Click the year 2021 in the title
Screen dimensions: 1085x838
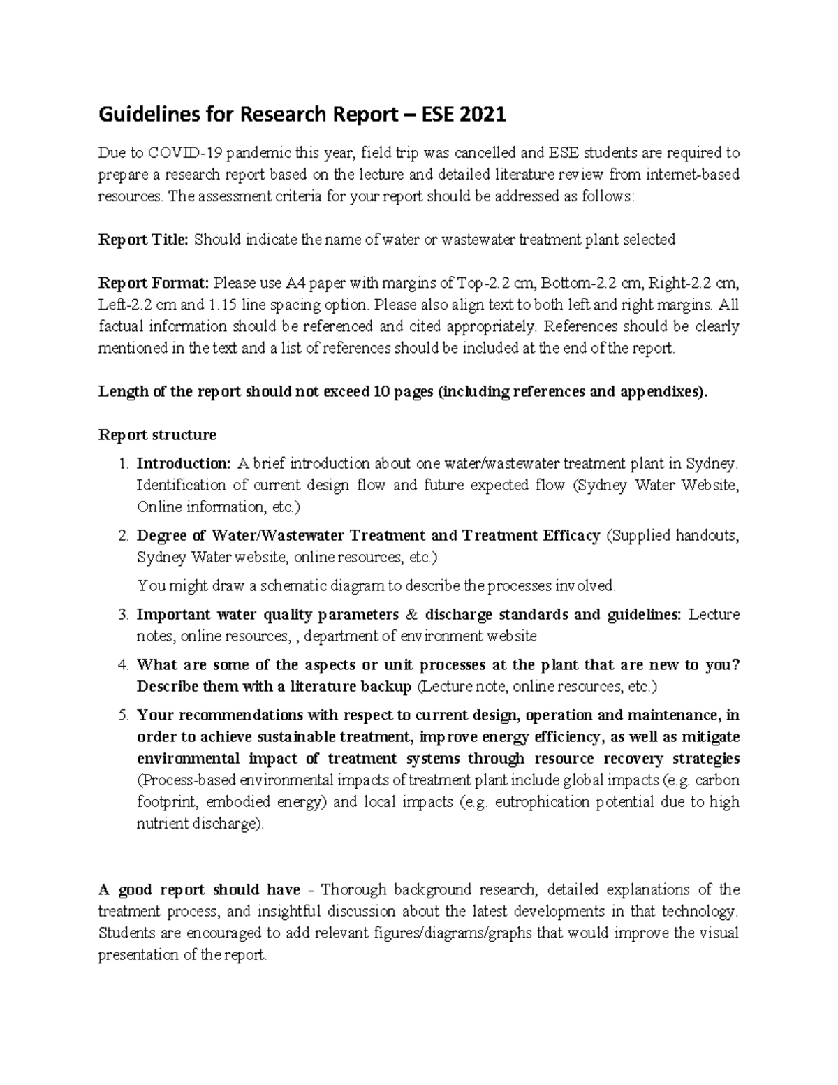(480, 114)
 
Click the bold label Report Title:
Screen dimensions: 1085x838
(143, 240)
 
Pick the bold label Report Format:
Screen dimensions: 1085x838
(153, 283)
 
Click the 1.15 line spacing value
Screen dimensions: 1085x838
(222, 305)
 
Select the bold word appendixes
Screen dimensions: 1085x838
(661, 392)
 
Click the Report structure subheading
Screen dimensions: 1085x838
(157, 435)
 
